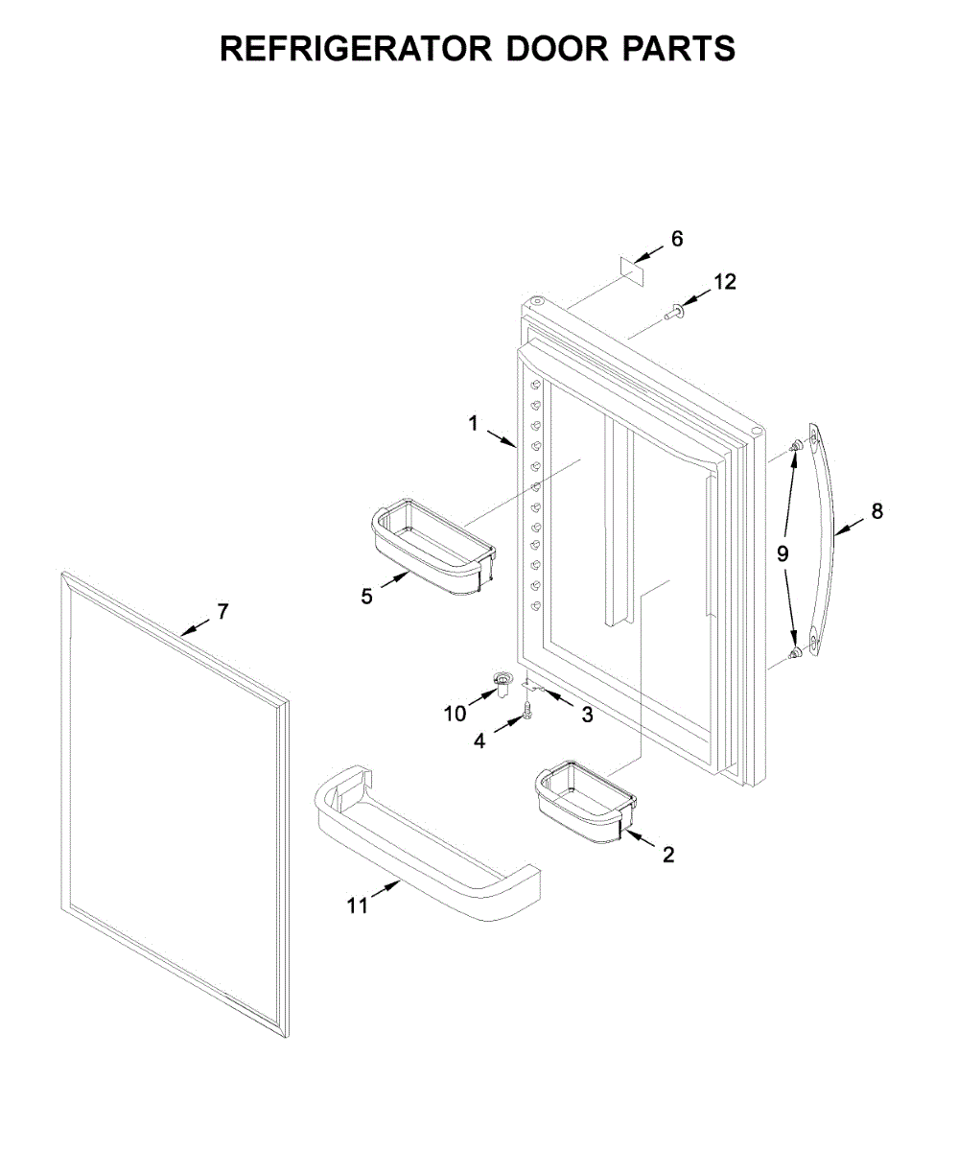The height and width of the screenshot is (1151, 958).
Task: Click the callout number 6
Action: pyautogui.click(x=677, y=239)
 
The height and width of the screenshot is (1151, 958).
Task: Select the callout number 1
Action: pyautogui.click(x=473, y=423)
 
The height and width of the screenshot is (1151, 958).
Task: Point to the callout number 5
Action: pyautogui.click(x=366, y=597)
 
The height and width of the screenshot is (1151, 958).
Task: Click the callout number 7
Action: pyautogui.click(x=222, y=611)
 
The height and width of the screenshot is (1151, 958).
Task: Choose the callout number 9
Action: pyautogui.click(x=783, y=553)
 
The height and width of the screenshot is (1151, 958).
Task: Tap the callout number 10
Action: pyautogui.click(x=455, y=713)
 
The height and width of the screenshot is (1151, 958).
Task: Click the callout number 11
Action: pyautogui.click(x=358, y=904)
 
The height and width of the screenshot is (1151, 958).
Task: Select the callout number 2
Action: pyautogui.click(x=667, y=855)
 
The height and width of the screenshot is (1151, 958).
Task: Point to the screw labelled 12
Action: pyautogui.click(x=674, y=311)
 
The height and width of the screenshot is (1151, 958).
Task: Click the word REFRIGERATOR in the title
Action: pyautogui.click(x=355, y=48)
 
